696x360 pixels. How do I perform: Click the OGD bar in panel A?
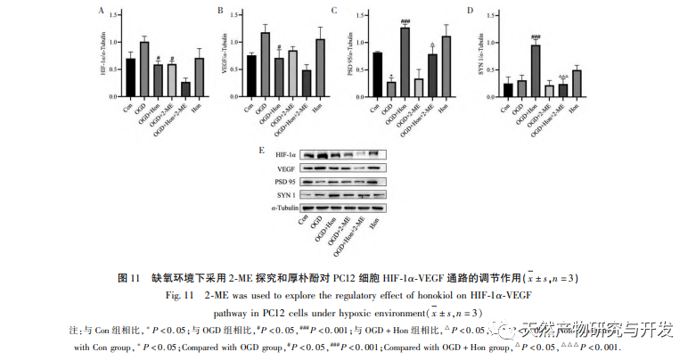(x=143, y=68)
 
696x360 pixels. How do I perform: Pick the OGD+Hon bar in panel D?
(x=536, y=70)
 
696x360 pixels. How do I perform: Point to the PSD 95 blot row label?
(x=285, y=181)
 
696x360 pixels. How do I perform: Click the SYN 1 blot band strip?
(x=343, y=194)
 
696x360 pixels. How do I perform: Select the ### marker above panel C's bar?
(x=405, y=21)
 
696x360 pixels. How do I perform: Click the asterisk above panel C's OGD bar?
(x=391, y=76)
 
